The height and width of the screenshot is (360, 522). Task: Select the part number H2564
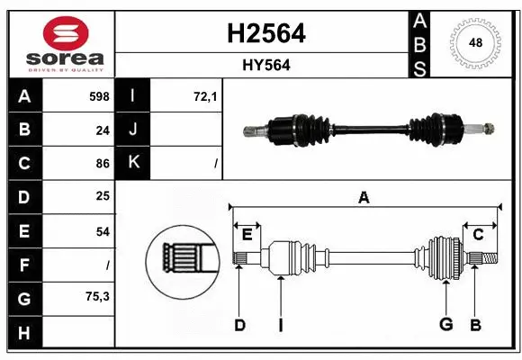coord(263,33)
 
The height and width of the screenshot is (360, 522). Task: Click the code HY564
coord(263,65)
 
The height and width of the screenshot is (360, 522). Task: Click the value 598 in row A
coord(99,95)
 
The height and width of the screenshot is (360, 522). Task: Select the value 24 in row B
coord(103,130)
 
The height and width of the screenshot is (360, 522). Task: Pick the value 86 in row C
coord(103,164)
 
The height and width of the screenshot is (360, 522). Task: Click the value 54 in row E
coord(103,231)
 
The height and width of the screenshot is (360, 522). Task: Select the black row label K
coord(133,164)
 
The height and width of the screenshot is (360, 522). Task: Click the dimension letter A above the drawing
coord(364,197)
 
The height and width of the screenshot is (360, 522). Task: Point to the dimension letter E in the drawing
coord(247,235)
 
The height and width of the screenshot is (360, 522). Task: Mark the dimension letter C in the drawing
coord(478,235)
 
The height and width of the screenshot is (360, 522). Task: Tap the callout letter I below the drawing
coord(280,325)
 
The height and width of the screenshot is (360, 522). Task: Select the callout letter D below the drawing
coord(239,325)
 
